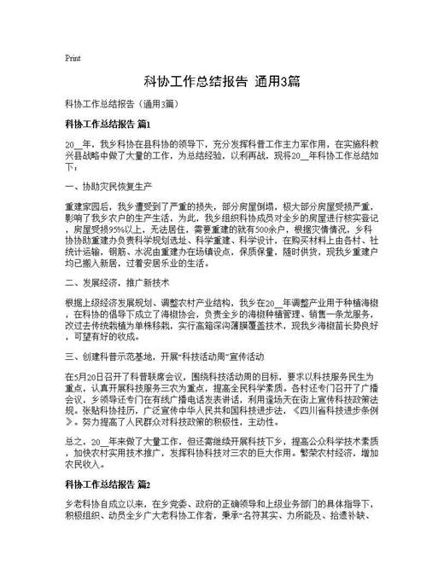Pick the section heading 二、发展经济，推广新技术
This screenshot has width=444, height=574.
118,281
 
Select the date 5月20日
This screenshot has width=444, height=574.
85,376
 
